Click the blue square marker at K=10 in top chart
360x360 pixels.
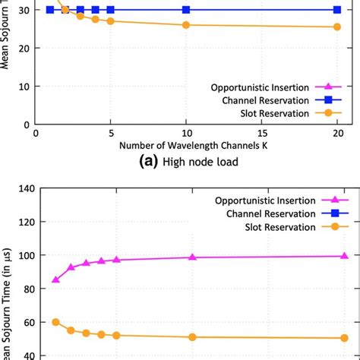[x=187, y=10]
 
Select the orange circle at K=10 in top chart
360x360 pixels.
[x=187, y=25]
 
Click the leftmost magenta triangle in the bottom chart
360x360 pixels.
[x=55, y=279]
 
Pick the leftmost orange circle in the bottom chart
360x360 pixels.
[x=55, y=322]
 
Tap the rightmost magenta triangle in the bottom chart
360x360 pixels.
[x=344, y=256]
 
